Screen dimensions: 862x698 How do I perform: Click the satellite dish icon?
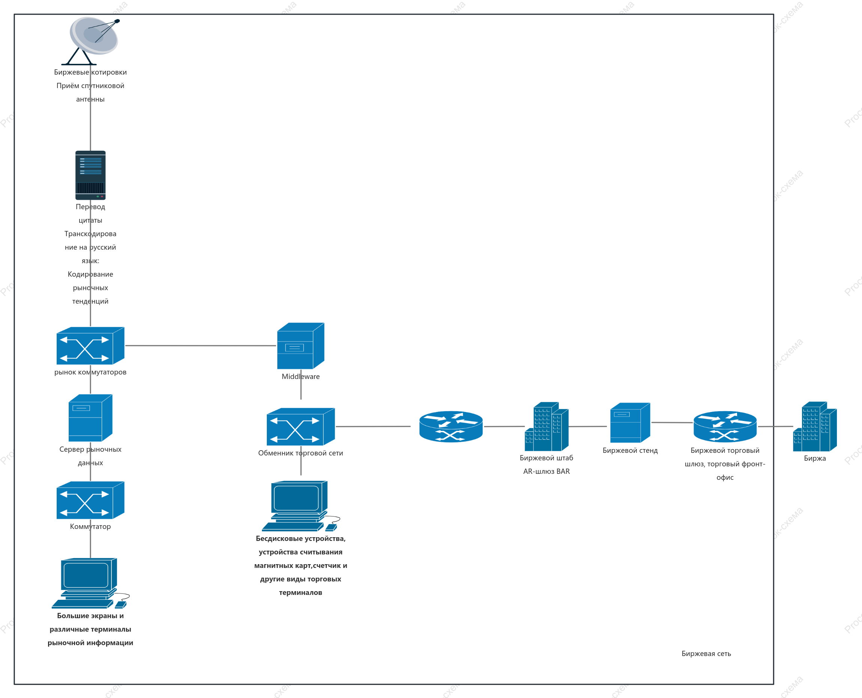90,40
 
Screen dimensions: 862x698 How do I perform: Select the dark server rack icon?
90,175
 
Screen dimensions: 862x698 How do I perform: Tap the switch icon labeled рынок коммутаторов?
90,346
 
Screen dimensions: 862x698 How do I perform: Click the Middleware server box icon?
301,346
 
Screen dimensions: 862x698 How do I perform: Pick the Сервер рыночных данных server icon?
90,418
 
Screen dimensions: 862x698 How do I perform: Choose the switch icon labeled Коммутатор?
90,500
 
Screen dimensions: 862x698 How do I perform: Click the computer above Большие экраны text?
90,583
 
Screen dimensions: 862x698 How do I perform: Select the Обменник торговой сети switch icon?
301,427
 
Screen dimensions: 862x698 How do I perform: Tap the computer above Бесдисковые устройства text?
301,506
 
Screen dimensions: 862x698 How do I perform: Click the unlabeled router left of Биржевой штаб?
451,427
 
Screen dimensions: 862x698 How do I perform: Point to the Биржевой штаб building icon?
546,427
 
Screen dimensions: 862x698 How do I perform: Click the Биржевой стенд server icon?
630,422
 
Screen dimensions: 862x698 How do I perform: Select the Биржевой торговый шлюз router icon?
725,427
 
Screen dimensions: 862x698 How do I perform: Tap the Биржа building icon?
815,427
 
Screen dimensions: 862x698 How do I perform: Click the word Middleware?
301,377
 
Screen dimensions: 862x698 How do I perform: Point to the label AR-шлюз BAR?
546,472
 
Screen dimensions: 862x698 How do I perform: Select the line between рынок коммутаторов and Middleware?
200,346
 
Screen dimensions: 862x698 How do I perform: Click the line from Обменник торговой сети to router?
373,427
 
